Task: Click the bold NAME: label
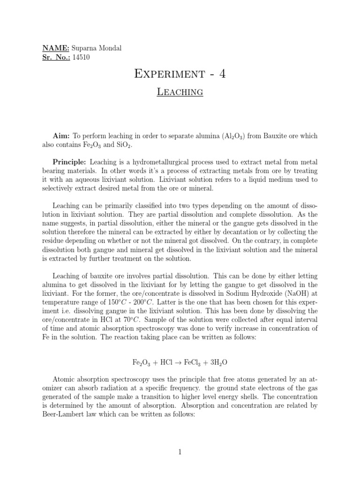[56, 49]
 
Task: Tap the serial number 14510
[81, 58]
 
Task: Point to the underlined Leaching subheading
[180, 92]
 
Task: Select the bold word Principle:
[69, 162]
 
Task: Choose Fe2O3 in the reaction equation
[140, 363]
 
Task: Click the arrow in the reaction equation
[180, 363]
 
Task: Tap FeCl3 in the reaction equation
[196, 363]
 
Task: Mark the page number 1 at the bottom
[180, 452]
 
